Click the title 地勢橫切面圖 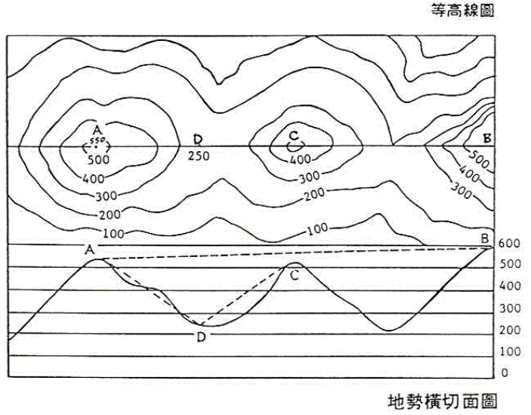[x=442, y=402]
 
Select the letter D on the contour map [x=198, y=139]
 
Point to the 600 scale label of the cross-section [x=509, y=244]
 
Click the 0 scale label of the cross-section [x=505, y=373]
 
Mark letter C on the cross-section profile [x=294, y=275]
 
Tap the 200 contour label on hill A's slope [x=111, y=213]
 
